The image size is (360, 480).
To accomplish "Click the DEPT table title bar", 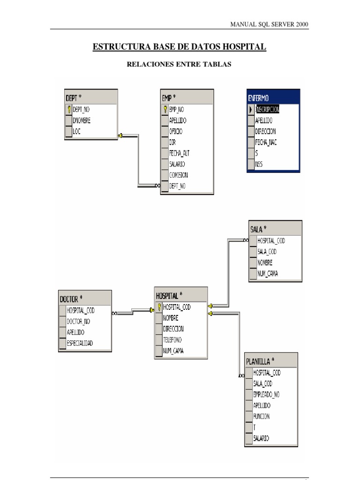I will click(90, 97).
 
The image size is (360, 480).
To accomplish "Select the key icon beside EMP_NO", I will click(165, 109).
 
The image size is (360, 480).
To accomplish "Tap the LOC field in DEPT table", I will click(77, 132).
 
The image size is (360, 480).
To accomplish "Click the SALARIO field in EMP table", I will click(177, 164).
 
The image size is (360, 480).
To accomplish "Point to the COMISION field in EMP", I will click(179, 175).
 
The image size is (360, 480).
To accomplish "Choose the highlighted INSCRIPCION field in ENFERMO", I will click(268, 109).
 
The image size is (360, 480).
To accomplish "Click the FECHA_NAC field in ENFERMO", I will click(266, 142).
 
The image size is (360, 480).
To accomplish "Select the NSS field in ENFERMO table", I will click(259, 164).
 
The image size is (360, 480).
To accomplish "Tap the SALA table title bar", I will click(275, 229).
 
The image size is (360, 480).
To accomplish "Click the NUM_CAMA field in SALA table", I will click(268, 274).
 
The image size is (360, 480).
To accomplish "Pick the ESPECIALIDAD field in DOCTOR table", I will click(80, 343).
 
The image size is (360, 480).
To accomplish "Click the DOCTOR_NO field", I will click(78, 322).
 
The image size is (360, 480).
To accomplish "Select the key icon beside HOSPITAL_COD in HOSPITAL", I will click(159, 307).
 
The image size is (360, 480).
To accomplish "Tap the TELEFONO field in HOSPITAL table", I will click(172, 340).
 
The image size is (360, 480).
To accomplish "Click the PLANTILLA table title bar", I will click(271, 361).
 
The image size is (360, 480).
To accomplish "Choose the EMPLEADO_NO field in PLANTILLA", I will click(266, 395).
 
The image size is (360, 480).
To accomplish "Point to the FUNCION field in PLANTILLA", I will click(262, 416).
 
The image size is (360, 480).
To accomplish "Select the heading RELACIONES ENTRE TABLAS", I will click(179, 65).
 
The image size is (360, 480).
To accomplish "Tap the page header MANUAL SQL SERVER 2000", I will click(270, 24).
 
